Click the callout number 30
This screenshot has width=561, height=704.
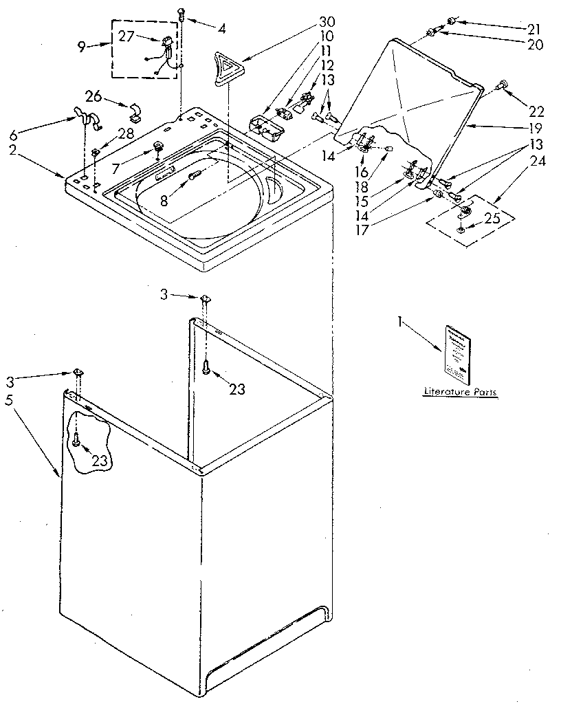click(326, 21)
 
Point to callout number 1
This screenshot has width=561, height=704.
click(401, 320)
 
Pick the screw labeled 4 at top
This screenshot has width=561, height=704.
click(181, 12)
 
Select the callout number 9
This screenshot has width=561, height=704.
click(81, 47)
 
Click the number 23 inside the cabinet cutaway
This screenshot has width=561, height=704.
click(100, 460)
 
